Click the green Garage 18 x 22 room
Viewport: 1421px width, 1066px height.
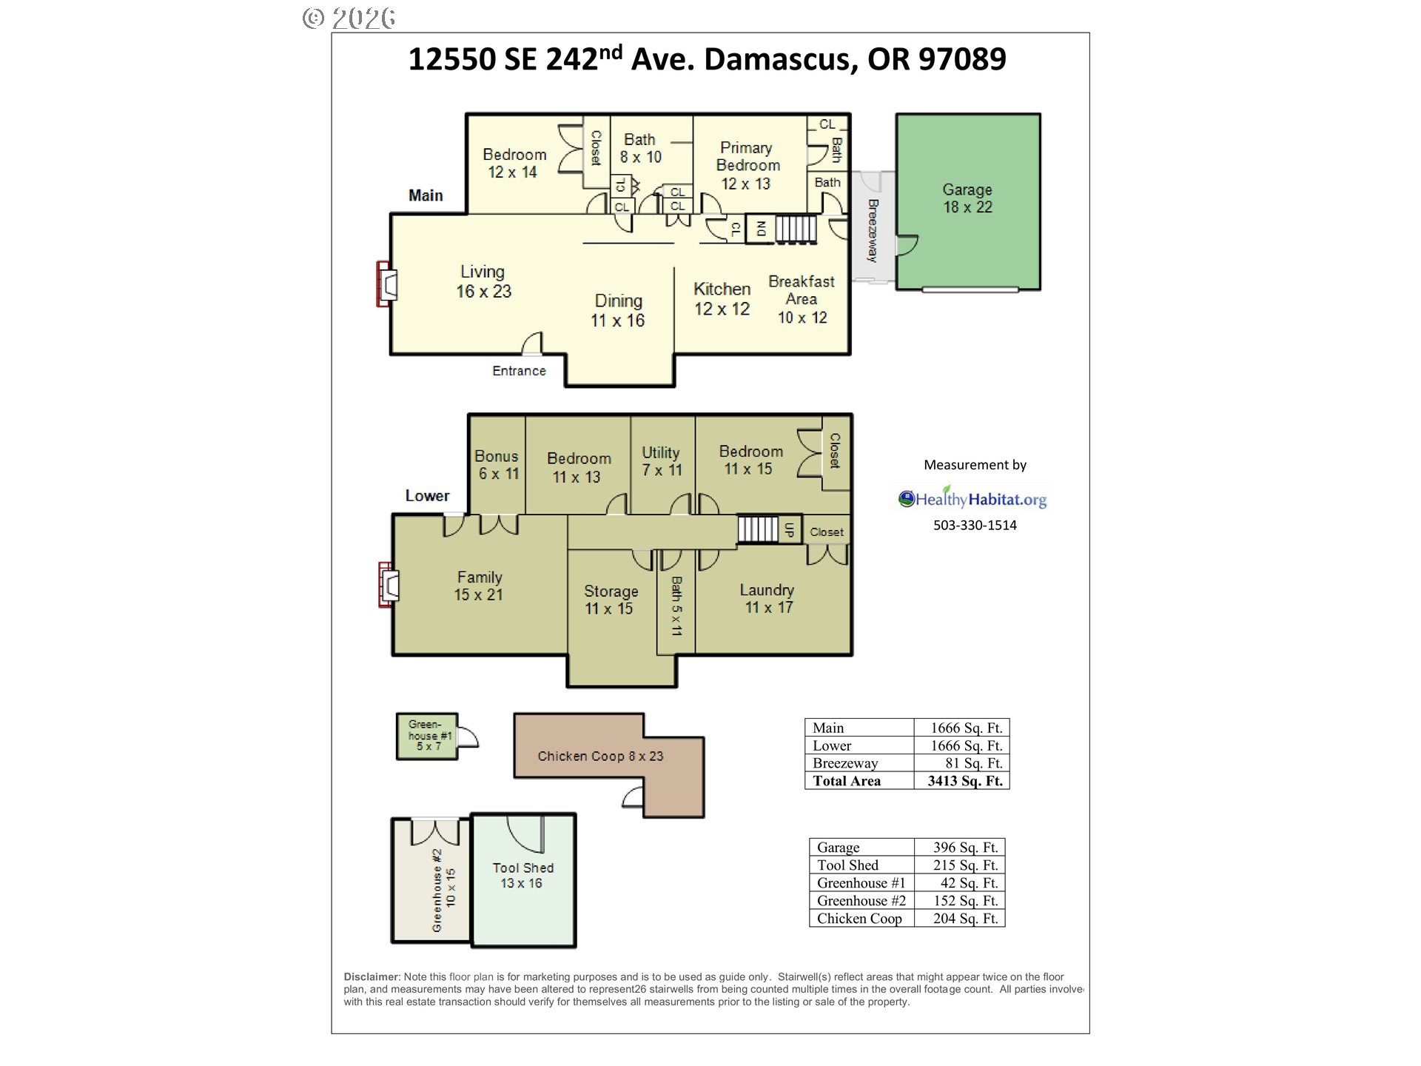click(968, 201)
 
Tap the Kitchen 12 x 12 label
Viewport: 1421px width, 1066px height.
click(722, 299)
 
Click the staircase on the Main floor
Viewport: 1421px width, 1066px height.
click(796, 229)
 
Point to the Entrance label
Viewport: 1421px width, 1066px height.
click(519, 371)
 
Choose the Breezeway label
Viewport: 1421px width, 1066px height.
click(873, 230)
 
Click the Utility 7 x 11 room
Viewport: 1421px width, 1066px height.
click(662, 464)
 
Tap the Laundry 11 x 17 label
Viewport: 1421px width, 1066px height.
click(767, 599)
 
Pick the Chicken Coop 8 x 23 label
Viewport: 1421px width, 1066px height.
click(600, 756)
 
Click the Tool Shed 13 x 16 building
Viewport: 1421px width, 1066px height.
click(523, 880)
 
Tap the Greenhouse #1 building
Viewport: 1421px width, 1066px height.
click(427, 736)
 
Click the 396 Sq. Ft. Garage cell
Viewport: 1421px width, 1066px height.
click(959, 848)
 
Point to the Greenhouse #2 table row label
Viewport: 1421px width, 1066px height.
click(861, 901)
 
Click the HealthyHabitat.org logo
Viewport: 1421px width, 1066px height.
click(972, 498)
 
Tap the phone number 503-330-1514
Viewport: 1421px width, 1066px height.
click(975, 525)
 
